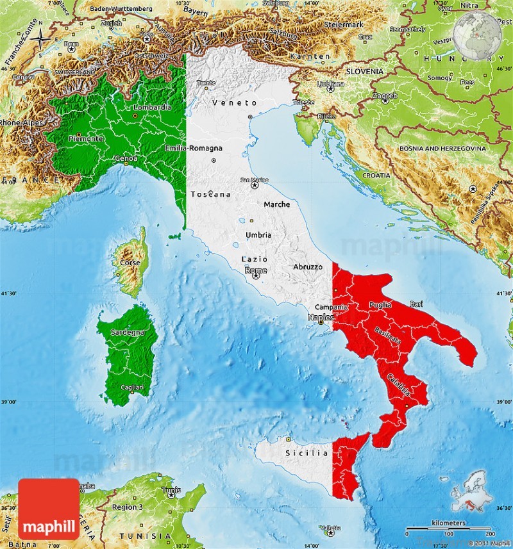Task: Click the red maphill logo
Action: (x=49, y=509)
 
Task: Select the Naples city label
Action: (x=320, y=317)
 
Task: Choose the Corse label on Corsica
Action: (x=130, y=263)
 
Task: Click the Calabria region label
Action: (x=399, y=383)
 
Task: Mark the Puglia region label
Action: (x=380, y=306)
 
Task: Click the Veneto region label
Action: (x=234, y=102)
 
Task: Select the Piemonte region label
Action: (x=87, y=138)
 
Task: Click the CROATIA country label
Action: (x=376, y=175)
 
